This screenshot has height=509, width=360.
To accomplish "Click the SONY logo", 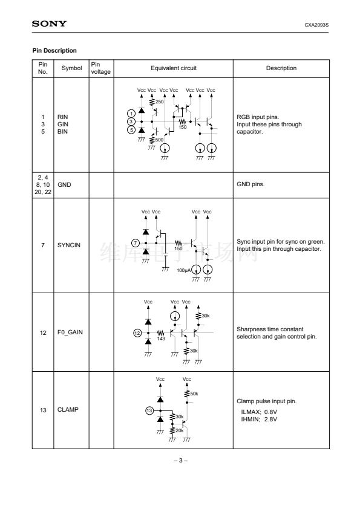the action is (49, 24).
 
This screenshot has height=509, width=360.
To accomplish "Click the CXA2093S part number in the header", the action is (316, 25).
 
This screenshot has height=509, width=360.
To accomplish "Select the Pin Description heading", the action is (54, 51).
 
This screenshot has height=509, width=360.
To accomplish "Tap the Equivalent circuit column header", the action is (174, 68).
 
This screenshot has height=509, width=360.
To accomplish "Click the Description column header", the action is (281, 68).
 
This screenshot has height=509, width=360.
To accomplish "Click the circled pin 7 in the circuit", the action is (136, 243).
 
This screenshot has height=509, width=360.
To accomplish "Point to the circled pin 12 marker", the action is (137, 332).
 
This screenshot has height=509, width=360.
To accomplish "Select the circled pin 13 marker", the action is (149, 410).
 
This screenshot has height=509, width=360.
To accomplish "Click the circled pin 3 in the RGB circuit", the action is (131, 122).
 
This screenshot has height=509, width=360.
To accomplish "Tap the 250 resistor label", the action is (160, 102).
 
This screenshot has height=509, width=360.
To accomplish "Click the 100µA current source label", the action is (183, 270).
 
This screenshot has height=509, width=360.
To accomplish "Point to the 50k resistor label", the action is (194, 394).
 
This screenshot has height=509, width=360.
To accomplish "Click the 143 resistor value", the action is (161, 339).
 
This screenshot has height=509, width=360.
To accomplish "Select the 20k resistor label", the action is (180, 430).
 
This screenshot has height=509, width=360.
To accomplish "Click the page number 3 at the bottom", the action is (181, 460).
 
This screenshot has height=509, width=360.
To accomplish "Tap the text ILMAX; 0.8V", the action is (259, 412).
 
